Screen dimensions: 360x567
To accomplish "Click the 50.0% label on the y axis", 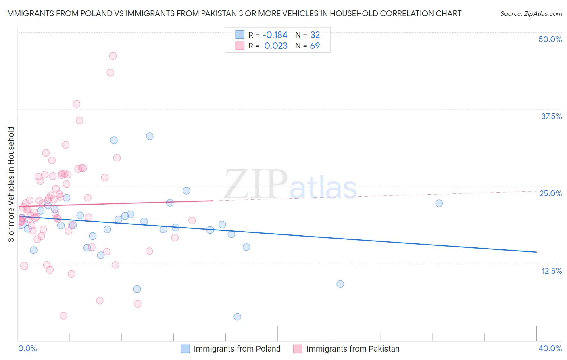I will (x=550, y=39).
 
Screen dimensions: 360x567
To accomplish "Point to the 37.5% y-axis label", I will (x=551, y=116).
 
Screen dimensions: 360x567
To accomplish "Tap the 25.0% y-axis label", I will (x=550, y=193).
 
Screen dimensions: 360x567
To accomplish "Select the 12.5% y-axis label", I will (x=551, y=271).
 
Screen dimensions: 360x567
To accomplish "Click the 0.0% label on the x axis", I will (x=27, y=348).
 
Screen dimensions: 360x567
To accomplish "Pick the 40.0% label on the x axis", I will (x=550, y=348).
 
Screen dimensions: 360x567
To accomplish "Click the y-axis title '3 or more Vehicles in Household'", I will (x=11, y=184).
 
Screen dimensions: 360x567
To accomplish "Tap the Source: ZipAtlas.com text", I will (x=531, y=13).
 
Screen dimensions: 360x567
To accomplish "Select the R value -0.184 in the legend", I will (x=275, y=35).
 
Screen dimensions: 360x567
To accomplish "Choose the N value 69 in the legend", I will (x=315, y=46).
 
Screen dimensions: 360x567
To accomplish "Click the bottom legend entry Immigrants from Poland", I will (x=237, y=349).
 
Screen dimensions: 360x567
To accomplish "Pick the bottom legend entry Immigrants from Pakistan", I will (x=353, y=349).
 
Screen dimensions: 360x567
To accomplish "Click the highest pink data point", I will (x=113, y=56).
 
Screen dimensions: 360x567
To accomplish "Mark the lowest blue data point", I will (x=238, y=317).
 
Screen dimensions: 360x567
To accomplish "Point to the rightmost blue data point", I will (x=439, y=203).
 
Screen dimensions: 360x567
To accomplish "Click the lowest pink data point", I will (x=63, y=316).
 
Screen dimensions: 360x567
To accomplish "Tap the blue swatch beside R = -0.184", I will (x=240, y=35).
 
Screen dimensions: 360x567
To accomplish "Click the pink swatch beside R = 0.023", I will (x=240, y=46).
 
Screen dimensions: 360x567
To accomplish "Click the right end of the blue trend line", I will (x=536, y=252).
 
